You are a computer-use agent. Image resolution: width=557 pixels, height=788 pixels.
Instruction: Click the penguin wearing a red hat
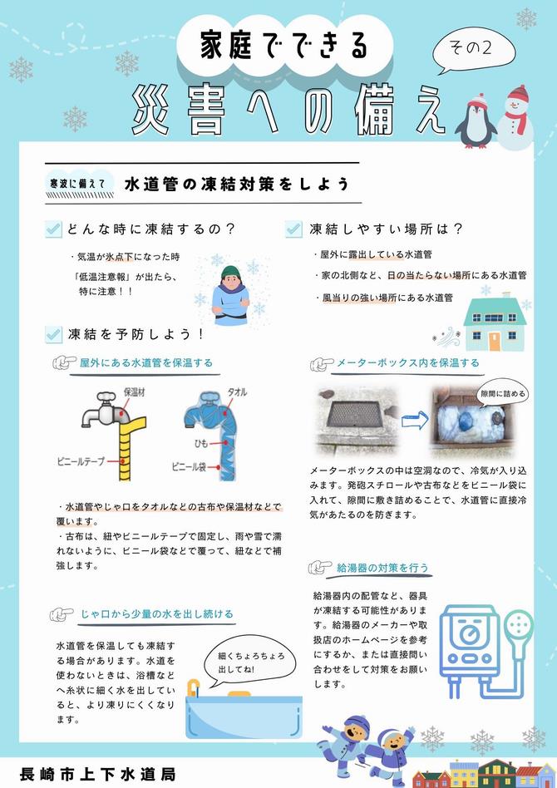click(x=475, y=121)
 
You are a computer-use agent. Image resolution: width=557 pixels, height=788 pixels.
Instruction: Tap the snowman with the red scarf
click(x=515, y=118)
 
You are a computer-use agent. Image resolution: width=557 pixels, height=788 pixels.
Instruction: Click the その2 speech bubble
click(x=474, y=49)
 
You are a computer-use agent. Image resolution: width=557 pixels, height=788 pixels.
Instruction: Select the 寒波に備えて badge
click(x=77, y=184)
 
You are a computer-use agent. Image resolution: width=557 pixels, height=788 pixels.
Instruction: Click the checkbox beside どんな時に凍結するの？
click(x=53, y=229)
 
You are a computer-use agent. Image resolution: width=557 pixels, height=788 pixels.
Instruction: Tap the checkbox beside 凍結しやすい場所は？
click(x=293, y=229)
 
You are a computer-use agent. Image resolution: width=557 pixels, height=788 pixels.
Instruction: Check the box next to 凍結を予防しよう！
click(x=53, y=333)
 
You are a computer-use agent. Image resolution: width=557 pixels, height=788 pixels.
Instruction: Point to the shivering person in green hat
click(x=230, y=295)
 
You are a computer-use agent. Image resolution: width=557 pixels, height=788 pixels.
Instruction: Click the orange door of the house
click(x=495, y=341)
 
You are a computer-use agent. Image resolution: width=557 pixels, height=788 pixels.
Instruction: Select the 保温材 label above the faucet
click(x=134, y=392)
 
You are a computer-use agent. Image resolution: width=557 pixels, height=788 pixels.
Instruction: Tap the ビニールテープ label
click(x=81, y=460)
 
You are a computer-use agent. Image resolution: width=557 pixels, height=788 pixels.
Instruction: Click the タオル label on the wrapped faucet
click(x=237, y=392)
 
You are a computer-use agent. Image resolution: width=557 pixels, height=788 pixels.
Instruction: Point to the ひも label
click(x=200, y=443)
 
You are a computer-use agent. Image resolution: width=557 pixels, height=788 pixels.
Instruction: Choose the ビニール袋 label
click(x=189, y=467)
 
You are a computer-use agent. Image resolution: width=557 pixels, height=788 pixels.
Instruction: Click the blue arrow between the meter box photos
click(x=415, y=420)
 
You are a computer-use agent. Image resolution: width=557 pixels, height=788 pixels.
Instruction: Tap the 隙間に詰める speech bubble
click(x=502, y=393)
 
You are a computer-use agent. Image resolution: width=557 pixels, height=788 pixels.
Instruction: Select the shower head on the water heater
click(x=519, y=625)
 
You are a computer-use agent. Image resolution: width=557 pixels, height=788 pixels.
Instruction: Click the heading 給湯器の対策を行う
click(x=382, y=568)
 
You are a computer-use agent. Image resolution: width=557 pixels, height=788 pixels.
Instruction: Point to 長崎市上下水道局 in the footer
click(x=98, y=774)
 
